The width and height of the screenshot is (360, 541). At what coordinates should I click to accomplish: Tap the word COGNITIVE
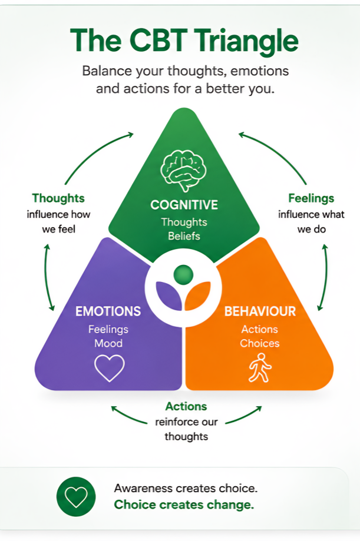[x=184, y=205]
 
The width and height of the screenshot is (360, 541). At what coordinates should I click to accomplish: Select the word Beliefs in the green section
[x=184, y=236]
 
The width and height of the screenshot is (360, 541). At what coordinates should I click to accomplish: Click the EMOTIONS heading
[x=108, y=311]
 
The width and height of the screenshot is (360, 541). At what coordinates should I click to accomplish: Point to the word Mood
[x=108, y=343]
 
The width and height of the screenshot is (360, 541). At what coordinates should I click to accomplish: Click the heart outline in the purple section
[x=110, y=368]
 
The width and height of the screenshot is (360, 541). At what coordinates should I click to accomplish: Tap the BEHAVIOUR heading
[x=260, y=311]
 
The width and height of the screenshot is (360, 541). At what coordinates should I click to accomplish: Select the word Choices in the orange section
[x=260, y=343]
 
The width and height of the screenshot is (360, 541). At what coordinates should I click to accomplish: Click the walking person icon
[x=260, y=367]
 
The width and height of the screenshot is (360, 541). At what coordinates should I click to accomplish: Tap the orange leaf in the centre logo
[x=197, y=295]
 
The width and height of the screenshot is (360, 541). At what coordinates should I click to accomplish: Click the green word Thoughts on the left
[x=58, y=198]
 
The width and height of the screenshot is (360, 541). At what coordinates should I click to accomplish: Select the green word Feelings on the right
[x=311, y=198]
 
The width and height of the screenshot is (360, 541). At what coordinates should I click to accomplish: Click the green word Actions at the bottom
[x=186, y=406]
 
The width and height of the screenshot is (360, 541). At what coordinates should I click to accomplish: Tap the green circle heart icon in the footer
[x=76, y=497]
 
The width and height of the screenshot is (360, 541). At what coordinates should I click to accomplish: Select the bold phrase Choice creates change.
[x=184, y=505]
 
